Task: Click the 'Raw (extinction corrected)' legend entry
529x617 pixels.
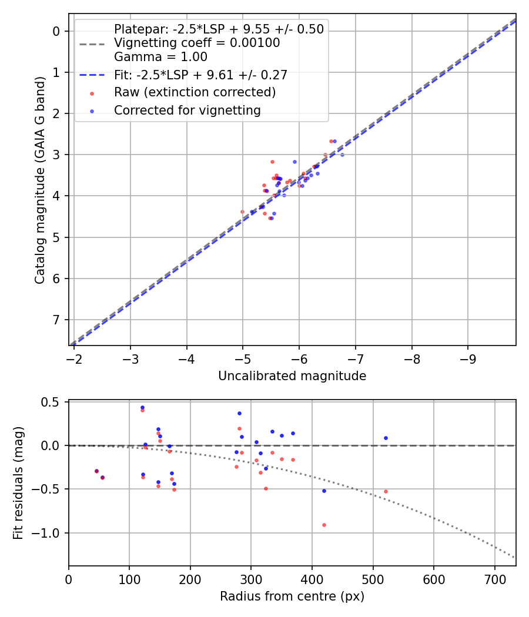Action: click(x=195, y=92)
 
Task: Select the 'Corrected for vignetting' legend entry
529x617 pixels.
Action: click(x=187, y=110)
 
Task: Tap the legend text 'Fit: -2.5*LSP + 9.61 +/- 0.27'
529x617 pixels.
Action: click(x=200, y=75)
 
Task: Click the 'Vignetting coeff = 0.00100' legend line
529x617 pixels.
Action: click(x=197, y=43)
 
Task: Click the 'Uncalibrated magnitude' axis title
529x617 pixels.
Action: click(x=292, y=376)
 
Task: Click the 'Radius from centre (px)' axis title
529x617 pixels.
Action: click(x=292, y=596)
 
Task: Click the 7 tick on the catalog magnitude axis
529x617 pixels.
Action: click(x=58, y=320)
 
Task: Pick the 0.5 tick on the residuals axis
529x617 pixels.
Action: click(x=52, y=402)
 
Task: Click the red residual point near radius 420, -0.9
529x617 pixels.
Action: click(x=324, y=525)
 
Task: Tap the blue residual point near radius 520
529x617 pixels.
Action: click(x=386, y=438)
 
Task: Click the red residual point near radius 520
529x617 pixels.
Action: click(x=386, y=491)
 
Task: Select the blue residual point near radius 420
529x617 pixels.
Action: click(x=324, y=491)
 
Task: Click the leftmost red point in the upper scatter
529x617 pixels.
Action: click(x=242, y=212)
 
